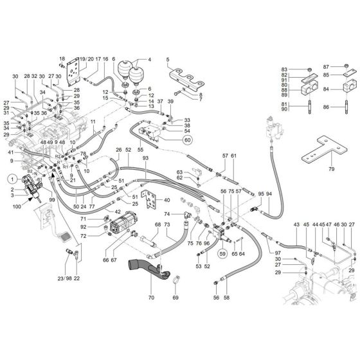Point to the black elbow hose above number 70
click(145, 266)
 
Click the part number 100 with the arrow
click(17, 207)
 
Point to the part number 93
click(145, 158)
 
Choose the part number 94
click(269, 194)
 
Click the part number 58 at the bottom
click(227, 297)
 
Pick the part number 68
click(157, 225)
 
